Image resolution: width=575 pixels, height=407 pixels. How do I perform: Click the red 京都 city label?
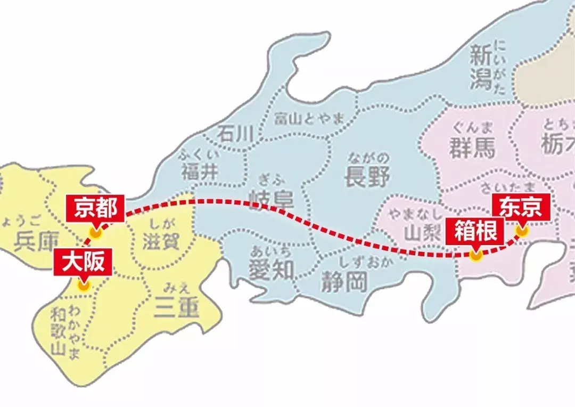pyautogui.click(x=95, y=208)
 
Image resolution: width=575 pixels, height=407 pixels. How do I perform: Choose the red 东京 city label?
pyautogui.click(x=521, y=208)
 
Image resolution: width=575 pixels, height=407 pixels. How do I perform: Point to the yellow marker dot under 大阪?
pyautogui.click(x=83, y=285)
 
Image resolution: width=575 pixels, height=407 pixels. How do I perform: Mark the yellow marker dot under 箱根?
pyautogui.click(x=475, y=255)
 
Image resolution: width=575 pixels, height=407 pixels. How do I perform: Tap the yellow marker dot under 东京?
pyautogui.click(x=521, y=231)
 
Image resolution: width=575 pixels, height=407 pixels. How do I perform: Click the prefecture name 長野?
pyautogui.click(x=367, y=176)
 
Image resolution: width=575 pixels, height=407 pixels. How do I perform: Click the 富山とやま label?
pyautogui.click(x=309, y=119)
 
